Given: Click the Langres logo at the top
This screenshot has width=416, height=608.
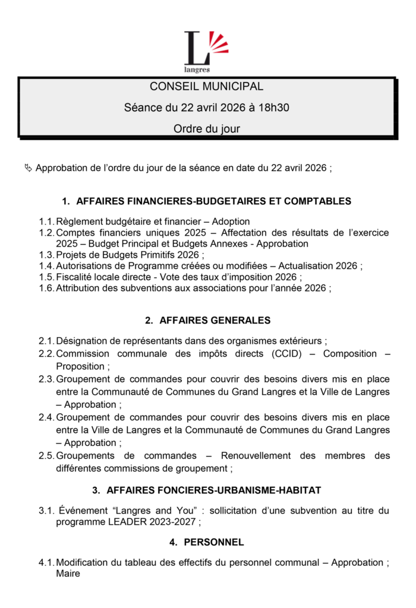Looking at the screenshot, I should coord(206,50).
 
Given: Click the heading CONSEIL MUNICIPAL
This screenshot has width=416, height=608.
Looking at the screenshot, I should coord(206,87).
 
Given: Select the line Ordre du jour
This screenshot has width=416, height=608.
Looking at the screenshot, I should coord(206,129).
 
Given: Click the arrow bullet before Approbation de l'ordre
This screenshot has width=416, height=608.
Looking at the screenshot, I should coord(28,168).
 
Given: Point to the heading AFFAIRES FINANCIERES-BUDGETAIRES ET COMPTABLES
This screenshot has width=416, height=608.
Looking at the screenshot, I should coord(214,201).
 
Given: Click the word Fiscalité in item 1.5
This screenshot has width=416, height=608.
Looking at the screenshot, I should coord(77,277).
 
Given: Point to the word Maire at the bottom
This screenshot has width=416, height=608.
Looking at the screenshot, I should coord(68,574).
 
